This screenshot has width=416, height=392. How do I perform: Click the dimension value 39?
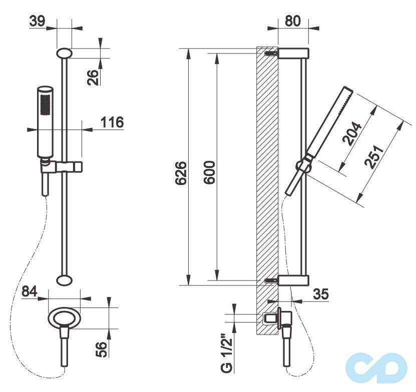(38, 21)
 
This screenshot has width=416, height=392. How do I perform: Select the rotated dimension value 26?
(93, 77)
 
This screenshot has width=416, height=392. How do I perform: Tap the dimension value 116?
(112, 122)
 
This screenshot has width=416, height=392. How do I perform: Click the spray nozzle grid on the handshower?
(45, 105)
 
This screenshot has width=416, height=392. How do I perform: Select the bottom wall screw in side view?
(271, 280)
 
